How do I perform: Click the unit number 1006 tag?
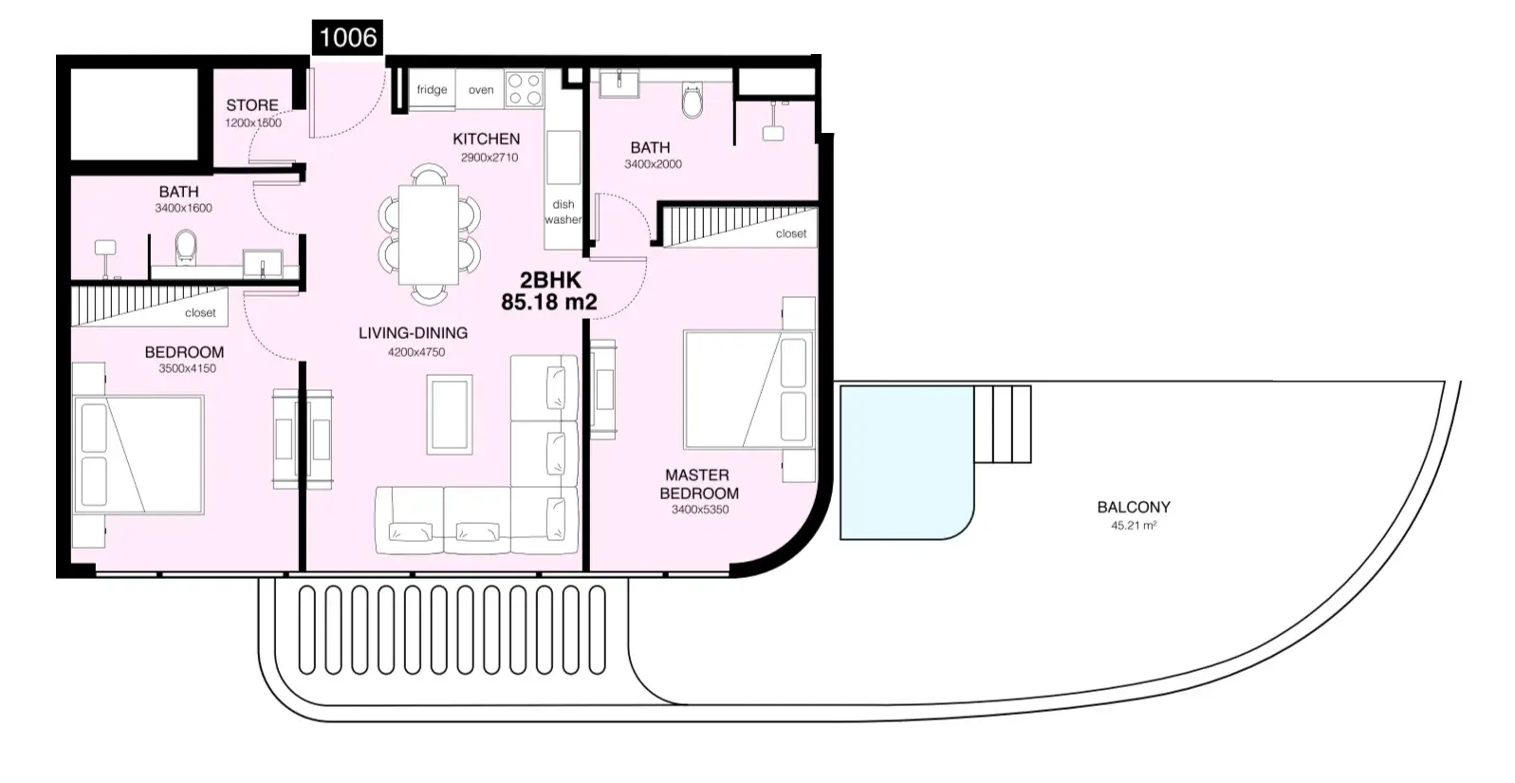(x=347, y=37)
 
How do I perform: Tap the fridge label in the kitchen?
(x=432, y=89)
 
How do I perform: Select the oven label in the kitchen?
(x=481, y=89)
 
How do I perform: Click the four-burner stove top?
(x=525, y=89)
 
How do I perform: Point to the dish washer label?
(x=563, y=212)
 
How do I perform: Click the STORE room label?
(x=252, y=105)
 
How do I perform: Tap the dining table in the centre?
(x=429, y=234)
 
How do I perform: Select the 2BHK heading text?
(x=550, y=279)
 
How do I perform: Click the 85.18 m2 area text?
(x=549, y=301)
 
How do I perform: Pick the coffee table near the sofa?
(x=449, y=414)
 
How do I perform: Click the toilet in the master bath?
(x=693, y=101)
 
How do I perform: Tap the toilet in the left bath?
(x=185, y=248)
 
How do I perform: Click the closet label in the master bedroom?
(x=790, y=233)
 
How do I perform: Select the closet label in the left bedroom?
(x=200, y=312)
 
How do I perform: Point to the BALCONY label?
(x=1134, y=507)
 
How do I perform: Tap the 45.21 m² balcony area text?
(x=1134, y=525)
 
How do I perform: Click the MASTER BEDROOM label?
(x=699, y=484)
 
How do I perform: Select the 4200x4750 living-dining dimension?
(x=416, y=352)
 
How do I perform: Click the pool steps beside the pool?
(x=1003, y=424)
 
